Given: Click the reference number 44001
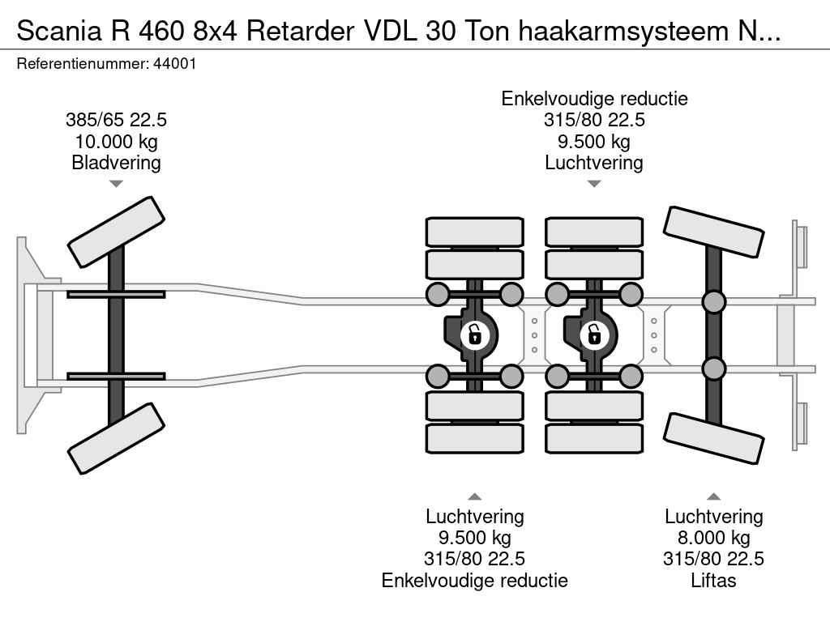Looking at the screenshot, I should click(x=174, y=63).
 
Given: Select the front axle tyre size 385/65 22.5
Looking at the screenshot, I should click(x=116, y=120).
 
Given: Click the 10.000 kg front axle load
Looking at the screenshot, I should click(x=116, y=141).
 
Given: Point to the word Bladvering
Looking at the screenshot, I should click(x=116, y=162).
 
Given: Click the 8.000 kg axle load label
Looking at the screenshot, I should click(x=714, y=538).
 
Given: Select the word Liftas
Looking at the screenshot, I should click(x=714, y=580).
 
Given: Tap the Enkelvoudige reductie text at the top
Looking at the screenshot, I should click(x=594, y=99).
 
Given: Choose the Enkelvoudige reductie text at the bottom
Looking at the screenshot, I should click(x=474, y=580).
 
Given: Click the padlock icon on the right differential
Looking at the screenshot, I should click(x=594, y=333).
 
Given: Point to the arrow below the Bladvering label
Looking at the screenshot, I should click(x=116, y=184).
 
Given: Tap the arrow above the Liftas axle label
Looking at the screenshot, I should click(x=714, y=496).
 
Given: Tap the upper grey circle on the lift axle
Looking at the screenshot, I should click(x=713, y=302).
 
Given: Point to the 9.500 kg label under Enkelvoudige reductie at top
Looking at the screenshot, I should click(x=594, y=141).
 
